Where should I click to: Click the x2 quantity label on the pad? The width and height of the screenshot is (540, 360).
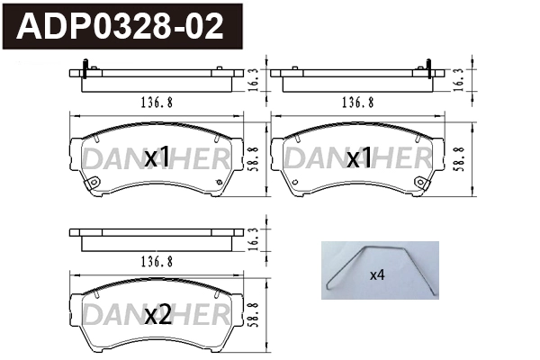[157, 315]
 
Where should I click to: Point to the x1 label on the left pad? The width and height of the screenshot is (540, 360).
[157, 157]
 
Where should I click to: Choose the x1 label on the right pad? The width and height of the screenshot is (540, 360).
[360, 157]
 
